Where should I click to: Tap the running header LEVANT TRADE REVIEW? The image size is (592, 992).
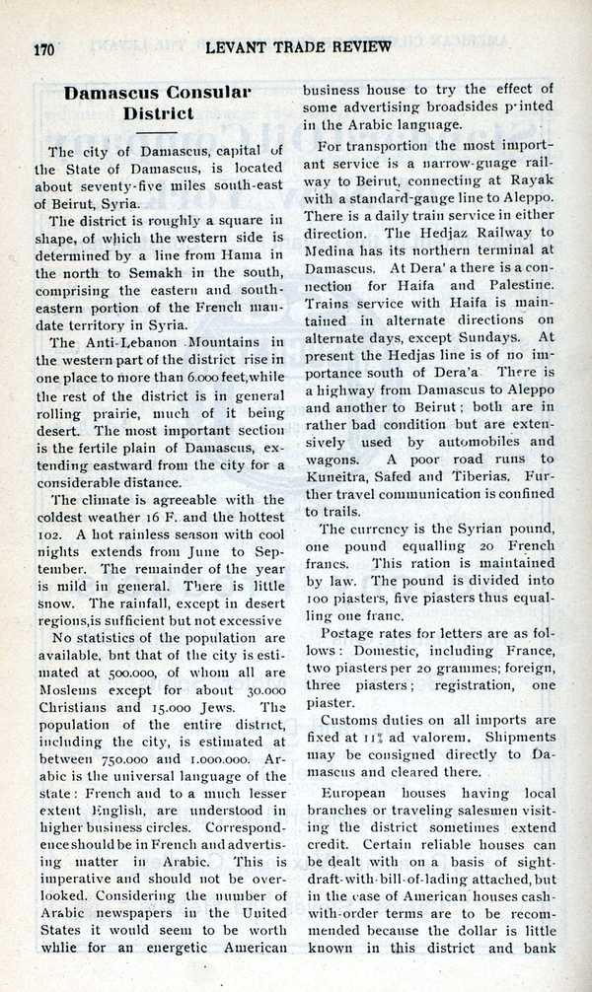click(299, 46)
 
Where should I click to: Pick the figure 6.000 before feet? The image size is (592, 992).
click(202, 378)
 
